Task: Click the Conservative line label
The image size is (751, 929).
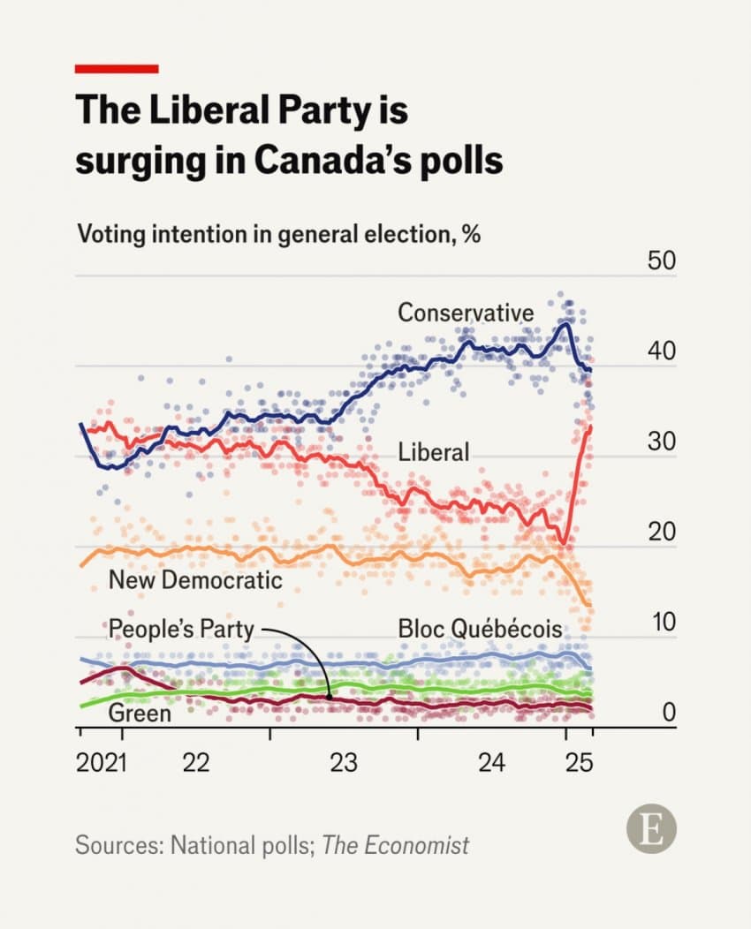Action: coord(466,312)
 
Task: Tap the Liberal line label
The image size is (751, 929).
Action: coord(433,451)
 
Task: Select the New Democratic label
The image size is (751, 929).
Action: coord(195,579)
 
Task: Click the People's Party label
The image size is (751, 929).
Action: coord(181,629)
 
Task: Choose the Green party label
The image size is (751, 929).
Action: coord(140,713)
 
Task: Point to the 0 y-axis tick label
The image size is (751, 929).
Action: coord(669,712)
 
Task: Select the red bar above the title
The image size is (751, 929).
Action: coord(117,68)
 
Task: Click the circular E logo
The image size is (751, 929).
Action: coord(651,830)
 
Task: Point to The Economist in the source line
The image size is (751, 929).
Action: coord(395,845)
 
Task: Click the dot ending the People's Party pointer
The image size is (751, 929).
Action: coord(330,697)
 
